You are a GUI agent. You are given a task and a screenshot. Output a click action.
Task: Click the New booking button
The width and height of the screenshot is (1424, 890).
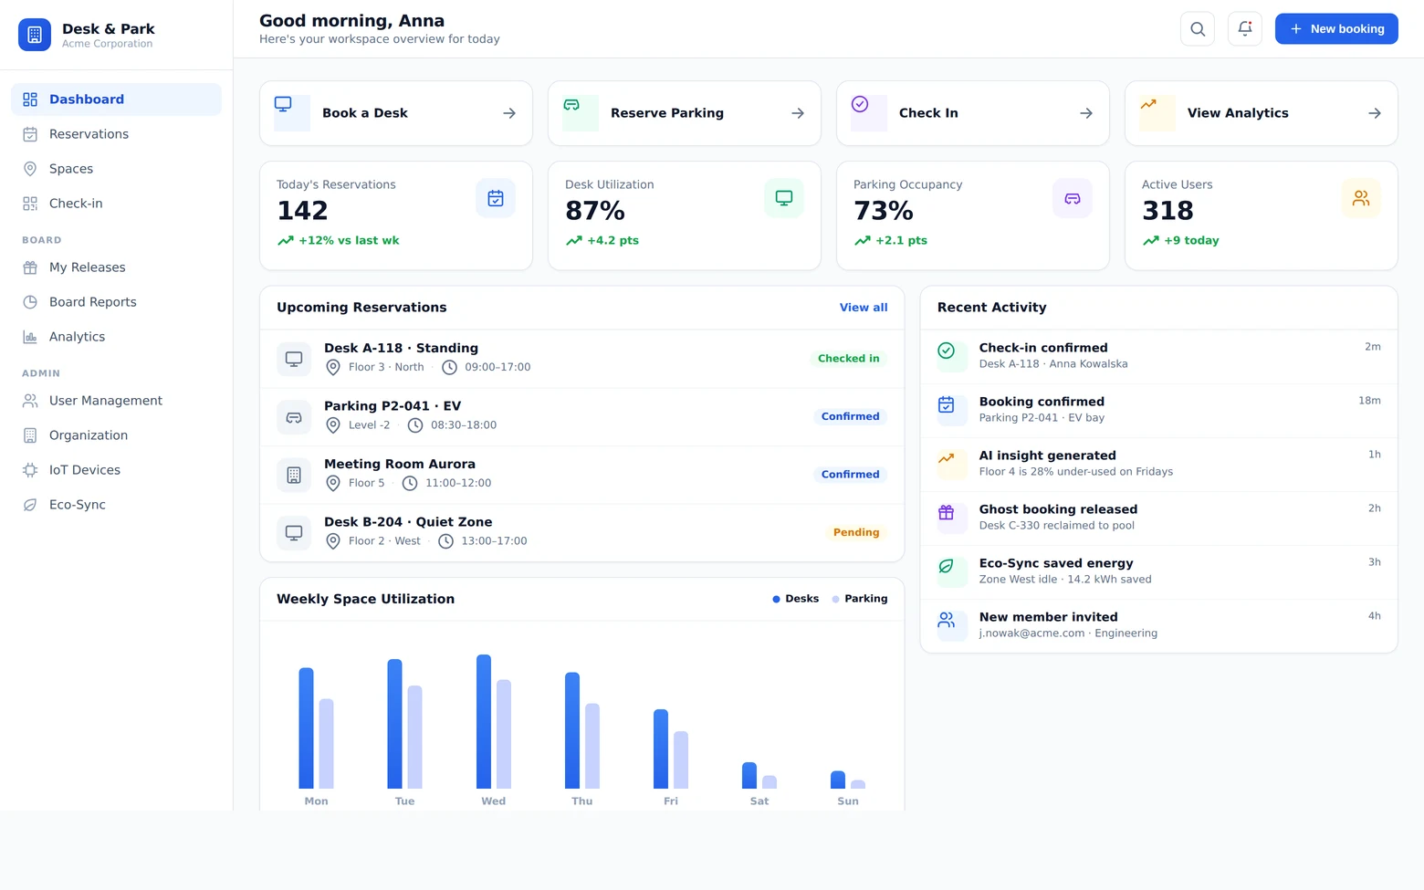tap(1336, 28)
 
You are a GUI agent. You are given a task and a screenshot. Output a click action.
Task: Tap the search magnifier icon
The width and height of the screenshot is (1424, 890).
tap(1198, 28)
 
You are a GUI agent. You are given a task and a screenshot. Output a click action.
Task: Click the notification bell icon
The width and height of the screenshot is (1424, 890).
tap(1245, 28)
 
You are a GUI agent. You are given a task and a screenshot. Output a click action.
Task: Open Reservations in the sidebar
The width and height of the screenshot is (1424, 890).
tap(89, 134)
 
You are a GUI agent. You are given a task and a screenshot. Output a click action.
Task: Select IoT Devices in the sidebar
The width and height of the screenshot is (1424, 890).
tap(85, 470)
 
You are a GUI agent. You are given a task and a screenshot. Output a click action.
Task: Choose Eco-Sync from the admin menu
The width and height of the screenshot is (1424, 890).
tap(78, 505)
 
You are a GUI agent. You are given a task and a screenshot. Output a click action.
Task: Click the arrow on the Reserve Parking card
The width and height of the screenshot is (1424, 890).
tap(797, 113)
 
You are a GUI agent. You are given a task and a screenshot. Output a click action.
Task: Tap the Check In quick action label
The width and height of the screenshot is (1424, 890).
tap(928, 113)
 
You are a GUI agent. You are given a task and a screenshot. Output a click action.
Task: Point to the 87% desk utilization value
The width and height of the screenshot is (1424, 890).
tap(595, 211)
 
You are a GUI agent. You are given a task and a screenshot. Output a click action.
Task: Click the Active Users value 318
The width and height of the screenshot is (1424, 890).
tap(1167, 211)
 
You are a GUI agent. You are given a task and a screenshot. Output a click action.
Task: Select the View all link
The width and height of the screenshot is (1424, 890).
tap(864, 308)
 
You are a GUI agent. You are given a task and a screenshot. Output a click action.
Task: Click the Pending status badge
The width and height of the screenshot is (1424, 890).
tap(856, 532)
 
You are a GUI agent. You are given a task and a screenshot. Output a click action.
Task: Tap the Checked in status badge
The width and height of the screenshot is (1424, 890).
tap(849, 359)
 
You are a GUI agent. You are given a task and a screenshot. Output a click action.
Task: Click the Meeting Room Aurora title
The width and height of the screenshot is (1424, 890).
tap(400, 464)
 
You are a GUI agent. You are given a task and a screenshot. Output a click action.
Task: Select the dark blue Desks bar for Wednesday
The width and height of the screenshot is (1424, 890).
tap(484, 721)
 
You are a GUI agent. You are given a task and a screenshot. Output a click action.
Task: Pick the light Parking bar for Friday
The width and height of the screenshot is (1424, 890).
tap(681, 760)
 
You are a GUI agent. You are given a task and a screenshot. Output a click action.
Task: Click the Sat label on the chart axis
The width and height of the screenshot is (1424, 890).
tap(759, 801)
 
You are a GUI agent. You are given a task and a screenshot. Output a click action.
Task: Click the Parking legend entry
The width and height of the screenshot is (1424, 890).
tap(860, 599)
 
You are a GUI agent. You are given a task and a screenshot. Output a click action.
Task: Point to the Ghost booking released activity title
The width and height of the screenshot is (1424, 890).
tap(1059, 509)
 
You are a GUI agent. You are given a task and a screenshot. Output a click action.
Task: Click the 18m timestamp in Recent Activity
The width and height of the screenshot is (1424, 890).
tap(1369, 401)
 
